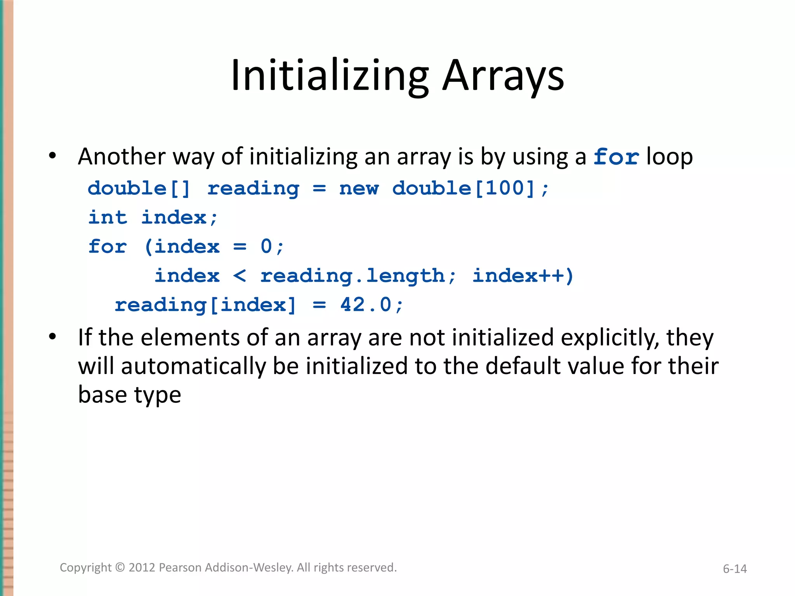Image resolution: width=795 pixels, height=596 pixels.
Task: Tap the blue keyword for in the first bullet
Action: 616,157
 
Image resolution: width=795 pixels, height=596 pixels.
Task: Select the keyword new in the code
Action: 359,189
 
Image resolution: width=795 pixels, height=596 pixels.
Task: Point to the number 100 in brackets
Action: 505,189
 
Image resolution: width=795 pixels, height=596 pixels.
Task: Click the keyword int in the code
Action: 108,217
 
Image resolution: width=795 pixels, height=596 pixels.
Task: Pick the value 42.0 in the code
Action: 366,305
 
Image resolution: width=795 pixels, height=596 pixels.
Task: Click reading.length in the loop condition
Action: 352,276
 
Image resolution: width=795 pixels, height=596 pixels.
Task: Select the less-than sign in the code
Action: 240,276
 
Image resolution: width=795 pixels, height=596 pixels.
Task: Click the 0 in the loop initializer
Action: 266,246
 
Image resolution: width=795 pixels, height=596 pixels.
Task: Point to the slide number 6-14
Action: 734,569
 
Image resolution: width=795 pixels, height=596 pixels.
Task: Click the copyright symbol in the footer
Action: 120,567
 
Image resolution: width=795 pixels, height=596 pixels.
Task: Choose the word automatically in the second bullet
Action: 193,366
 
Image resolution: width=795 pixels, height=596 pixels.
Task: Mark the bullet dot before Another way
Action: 52,156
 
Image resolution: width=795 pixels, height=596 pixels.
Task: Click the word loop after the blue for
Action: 670,157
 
